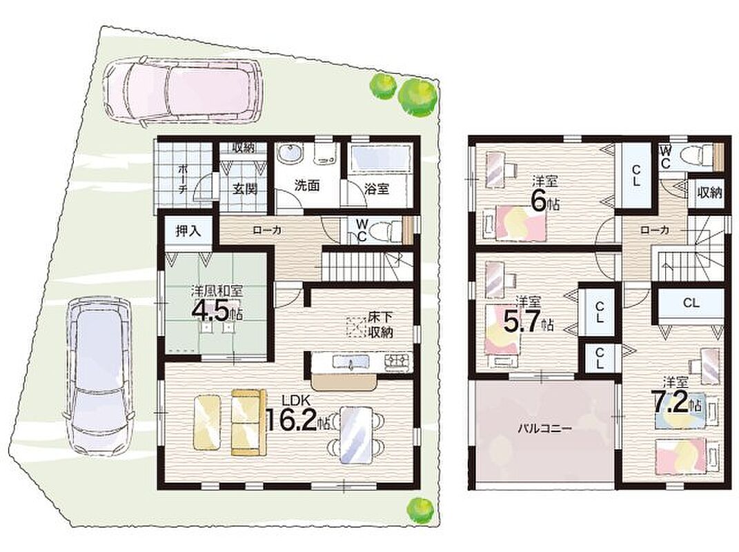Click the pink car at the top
[180, 91]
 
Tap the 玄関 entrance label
[245, 188]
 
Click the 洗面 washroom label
[307, 185]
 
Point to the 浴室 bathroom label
[377, 188]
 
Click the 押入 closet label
[188, 231]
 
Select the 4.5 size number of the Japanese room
[212, 310]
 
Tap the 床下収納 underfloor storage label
[381, 324]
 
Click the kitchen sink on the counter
[351, 362]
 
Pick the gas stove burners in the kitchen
[397, 362]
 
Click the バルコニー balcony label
[545, 428]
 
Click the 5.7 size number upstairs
[521, 322]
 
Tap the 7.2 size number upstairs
[669, 403]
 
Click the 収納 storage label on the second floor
[710, 193]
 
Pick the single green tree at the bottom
[420, 510]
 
